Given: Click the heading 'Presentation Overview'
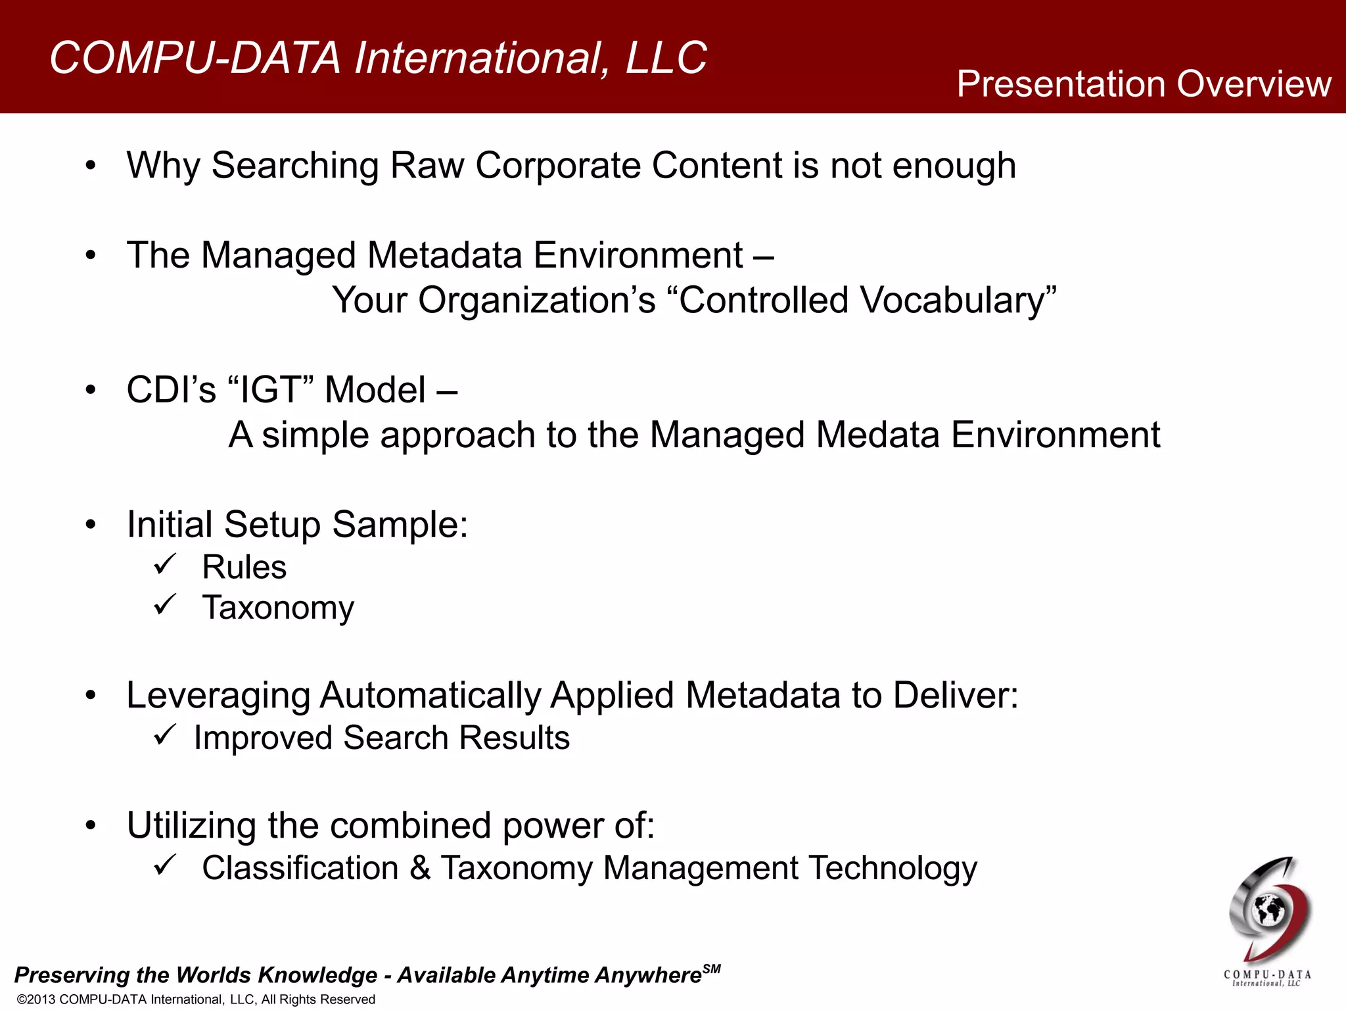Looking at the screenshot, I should pyautogui.click(x=1143, y=84).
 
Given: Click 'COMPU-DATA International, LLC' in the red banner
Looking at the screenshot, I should pyautogui.click(x=378, y=58).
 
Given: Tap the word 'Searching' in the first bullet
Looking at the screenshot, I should pyautogui.click(x=294, y=166).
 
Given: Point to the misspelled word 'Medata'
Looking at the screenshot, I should pyautogui.click(x=877, y=435).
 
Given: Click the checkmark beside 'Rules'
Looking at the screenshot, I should pyautogui.click(x=165, y=564).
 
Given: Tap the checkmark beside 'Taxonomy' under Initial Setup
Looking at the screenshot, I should pyautogui.click(x=165, y=604).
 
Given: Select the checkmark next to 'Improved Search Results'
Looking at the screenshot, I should pyautogui.click(x=165, y=734).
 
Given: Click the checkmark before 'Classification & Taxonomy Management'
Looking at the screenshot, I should pyautogui.click(x=165, y=865).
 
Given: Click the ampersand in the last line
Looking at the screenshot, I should pyautogui.click(x=420, y=868).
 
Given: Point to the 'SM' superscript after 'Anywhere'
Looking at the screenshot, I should pyautogui.click(x=711, y=969).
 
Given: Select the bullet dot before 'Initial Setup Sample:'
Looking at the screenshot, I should pyautogui.click(x=91, y=525).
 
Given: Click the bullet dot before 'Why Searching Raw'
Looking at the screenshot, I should pyautogui.click(x=91, y=166).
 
